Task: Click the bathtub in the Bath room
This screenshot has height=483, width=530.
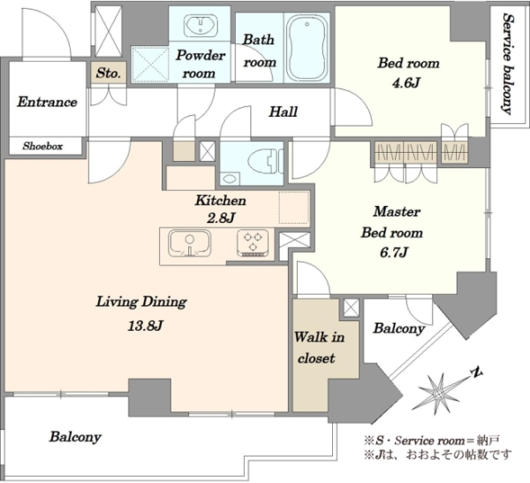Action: (x=307, y=47)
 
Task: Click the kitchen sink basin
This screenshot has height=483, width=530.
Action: (x=189, y=243)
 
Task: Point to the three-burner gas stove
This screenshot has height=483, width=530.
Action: (x=253, y=243)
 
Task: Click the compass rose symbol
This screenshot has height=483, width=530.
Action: (x=439, y=393)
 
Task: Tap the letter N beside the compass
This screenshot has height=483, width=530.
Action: (x=477, y=372)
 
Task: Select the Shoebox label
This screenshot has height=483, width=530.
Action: (x=42, y=146)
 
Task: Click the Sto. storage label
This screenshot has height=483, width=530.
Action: (x=108, y=73)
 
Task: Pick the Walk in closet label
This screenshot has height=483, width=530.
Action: (x=318, y=348)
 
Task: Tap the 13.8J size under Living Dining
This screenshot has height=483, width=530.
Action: (x=146, y=326)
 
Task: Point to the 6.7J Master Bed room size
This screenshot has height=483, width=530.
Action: (x=394, y=252)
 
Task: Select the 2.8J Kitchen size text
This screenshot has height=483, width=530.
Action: (x=220, y=218)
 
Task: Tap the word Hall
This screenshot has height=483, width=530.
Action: (x=284, y=111)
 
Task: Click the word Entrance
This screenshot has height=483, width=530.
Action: (x=47, y=102)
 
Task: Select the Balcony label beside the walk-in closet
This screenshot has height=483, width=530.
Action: (x=399, y=328)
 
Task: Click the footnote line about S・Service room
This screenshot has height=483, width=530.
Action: (x=431, y=441)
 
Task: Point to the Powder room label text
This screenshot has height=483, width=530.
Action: (x=200, y=64)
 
